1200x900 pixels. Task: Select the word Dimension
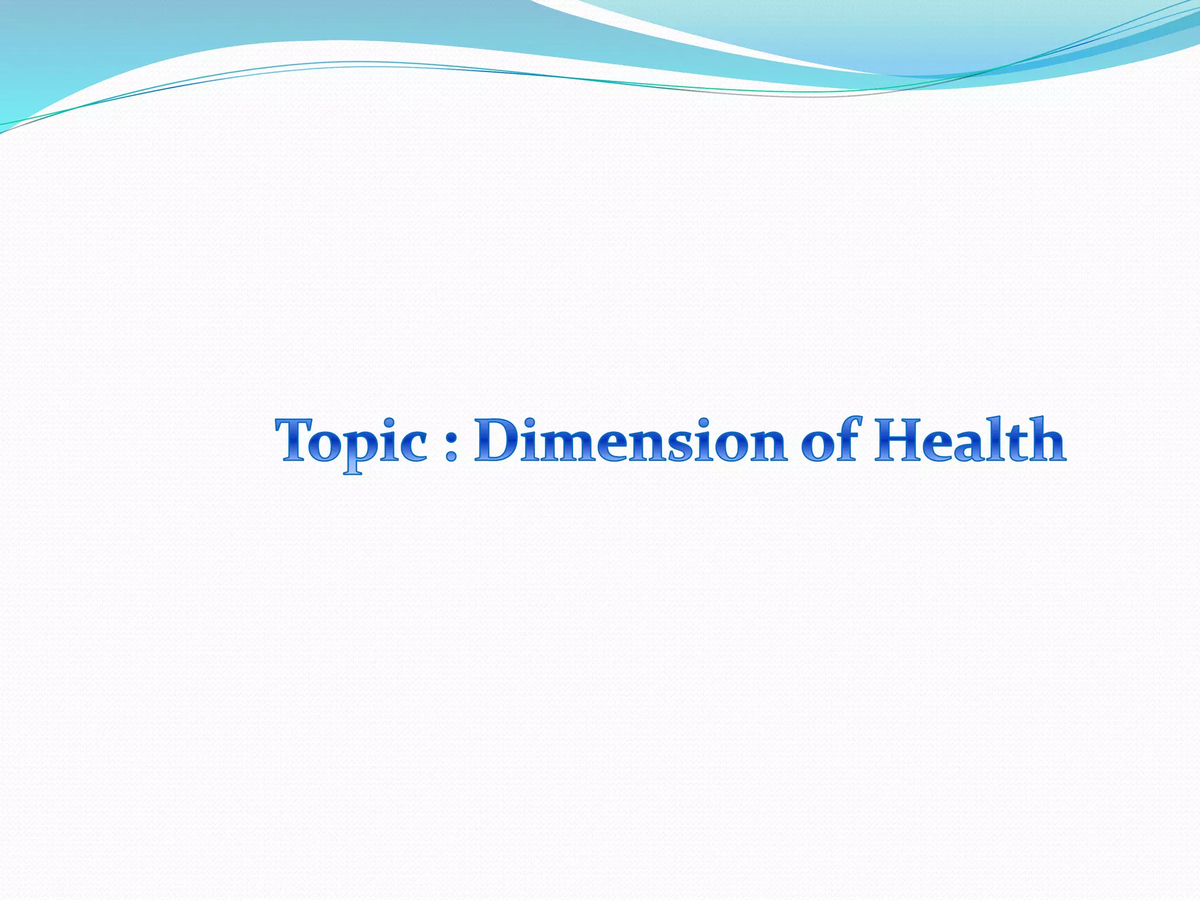point(630,441)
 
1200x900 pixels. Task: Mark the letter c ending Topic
point(412,446)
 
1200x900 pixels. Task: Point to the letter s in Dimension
point(682,446)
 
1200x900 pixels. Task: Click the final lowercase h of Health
point(1045,441)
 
